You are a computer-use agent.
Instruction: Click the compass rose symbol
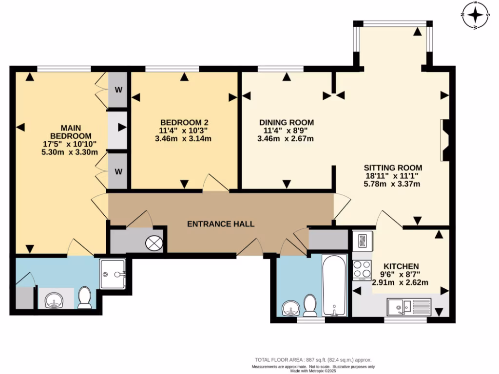[475, 15]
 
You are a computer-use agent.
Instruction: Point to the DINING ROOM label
[286, 122]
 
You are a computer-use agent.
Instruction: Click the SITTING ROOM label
[392, 168]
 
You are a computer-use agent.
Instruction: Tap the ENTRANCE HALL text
[221, 224]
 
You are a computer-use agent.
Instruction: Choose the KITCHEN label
[401, 266]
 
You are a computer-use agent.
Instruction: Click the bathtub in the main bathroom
[334, 285]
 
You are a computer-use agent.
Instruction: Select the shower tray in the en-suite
[113, 274]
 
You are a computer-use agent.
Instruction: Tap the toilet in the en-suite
[85, 298]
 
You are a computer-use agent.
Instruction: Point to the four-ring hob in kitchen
[362, 270]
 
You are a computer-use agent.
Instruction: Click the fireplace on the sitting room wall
[444, 140]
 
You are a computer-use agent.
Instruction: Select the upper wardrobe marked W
[117, 90]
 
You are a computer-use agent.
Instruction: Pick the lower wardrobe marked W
[117, 171]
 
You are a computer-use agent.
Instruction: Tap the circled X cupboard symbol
[155, 243]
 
